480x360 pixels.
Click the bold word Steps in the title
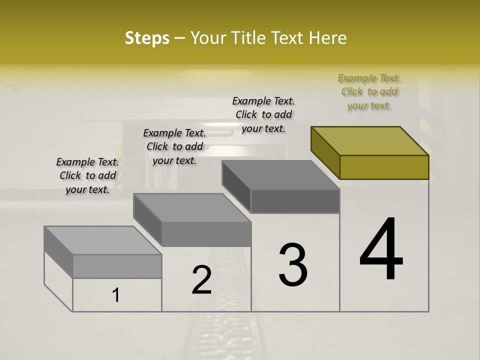147,38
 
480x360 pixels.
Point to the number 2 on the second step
202,279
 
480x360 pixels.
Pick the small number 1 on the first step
116,295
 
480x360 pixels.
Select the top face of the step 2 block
192,208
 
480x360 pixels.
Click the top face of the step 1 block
103,240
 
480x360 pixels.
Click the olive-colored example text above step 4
369,91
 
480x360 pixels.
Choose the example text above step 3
263,114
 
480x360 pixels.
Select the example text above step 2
174,146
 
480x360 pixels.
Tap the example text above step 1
87,175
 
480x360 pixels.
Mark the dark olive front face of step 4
384,167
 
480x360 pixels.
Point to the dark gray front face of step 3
295,201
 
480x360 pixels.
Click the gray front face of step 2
206,234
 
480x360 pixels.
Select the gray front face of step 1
117,266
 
